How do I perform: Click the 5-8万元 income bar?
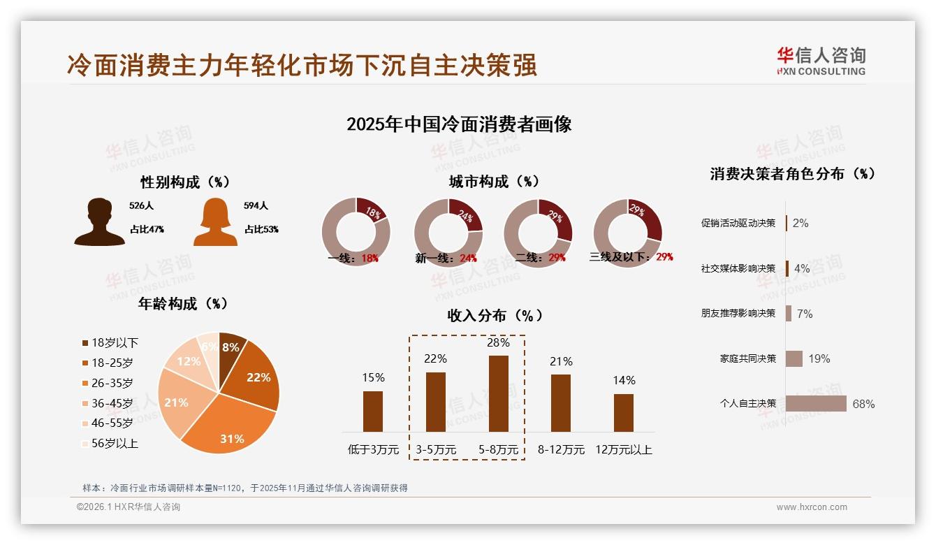(499, 393)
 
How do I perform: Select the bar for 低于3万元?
(373, 411)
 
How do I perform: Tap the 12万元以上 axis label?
(623, 450)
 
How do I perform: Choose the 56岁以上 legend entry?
(110, 444)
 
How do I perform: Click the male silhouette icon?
(100, 222)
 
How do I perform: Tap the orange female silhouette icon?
(215, 222)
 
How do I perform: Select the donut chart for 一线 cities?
(356, 232)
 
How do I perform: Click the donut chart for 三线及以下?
(627, 232)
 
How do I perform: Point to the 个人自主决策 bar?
(815, 404)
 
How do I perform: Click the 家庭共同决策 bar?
(794, 358)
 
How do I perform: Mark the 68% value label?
(863, 404)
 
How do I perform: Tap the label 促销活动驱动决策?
(738, 224)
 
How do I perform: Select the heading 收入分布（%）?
(495, 316)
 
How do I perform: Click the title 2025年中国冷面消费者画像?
(459, 124)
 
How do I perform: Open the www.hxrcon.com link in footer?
(812, 507)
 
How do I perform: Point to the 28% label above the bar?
(499, 343)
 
